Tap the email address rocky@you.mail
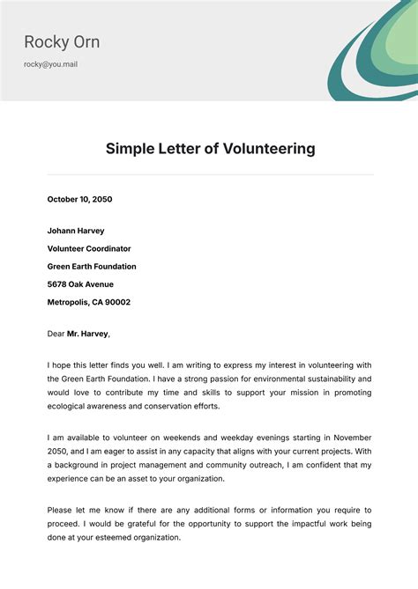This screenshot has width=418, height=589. (x=50, y=64)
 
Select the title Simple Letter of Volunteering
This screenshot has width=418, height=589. (x=210, y=149)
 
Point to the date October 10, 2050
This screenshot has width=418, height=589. (x=79, y=200)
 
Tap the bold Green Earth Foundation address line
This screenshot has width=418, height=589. (x=92, y=266)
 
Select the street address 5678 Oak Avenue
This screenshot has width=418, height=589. (x=80, y=284)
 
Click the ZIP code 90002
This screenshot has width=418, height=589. (x=117, y=302)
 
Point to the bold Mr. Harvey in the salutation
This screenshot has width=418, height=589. (x=88, y=334)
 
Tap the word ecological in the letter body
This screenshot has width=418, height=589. (x=73, y=407)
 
